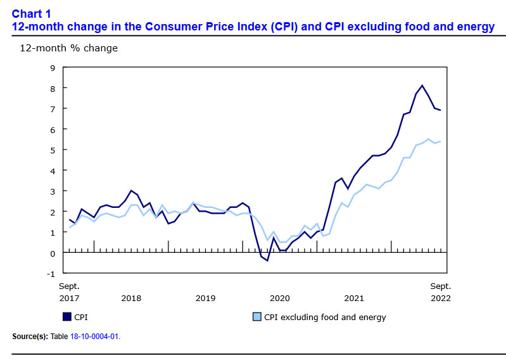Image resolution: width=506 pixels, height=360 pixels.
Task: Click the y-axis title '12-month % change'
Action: [68, 48]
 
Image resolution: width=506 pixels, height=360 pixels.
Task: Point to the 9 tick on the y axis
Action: [53, 68]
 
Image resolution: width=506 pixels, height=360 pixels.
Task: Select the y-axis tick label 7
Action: [53, 109]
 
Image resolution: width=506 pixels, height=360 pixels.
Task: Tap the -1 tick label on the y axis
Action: [51, 274]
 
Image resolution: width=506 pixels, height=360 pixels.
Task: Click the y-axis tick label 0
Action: [53, 254]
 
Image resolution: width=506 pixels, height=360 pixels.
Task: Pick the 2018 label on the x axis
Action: [131, 298]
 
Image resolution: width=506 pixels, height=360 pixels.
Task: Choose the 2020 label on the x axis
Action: [280, 298]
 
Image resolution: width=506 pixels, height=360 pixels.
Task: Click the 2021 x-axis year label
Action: [354, 298]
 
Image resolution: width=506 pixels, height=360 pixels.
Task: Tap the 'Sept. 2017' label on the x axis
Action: [69, 292]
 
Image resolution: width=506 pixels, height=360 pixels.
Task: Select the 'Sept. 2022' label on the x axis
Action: [441, 292]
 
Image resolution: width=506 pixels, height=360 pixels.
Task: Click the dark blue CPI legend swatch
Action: [66, 317]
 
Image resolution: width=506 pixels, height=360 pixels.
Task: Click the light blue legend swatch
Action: [257, 317]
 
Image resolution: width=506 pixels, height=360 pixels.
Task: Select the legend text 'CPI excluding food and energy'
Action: [325, 317]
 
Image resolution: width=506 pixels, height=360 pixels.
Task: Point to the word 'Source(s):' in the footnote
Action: [29, 336]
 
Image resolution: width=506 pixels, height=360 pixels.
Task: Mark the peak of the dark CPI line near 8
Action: [422, 86]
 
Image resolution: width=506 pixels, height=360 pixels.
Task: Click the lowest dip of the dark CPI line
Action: [267, 260]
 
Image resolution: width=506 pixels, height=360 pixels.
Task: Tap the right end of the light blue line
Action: [441, 141]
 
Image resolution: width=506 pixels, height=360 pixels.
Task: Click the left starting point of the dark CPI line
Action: [69, 219]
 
